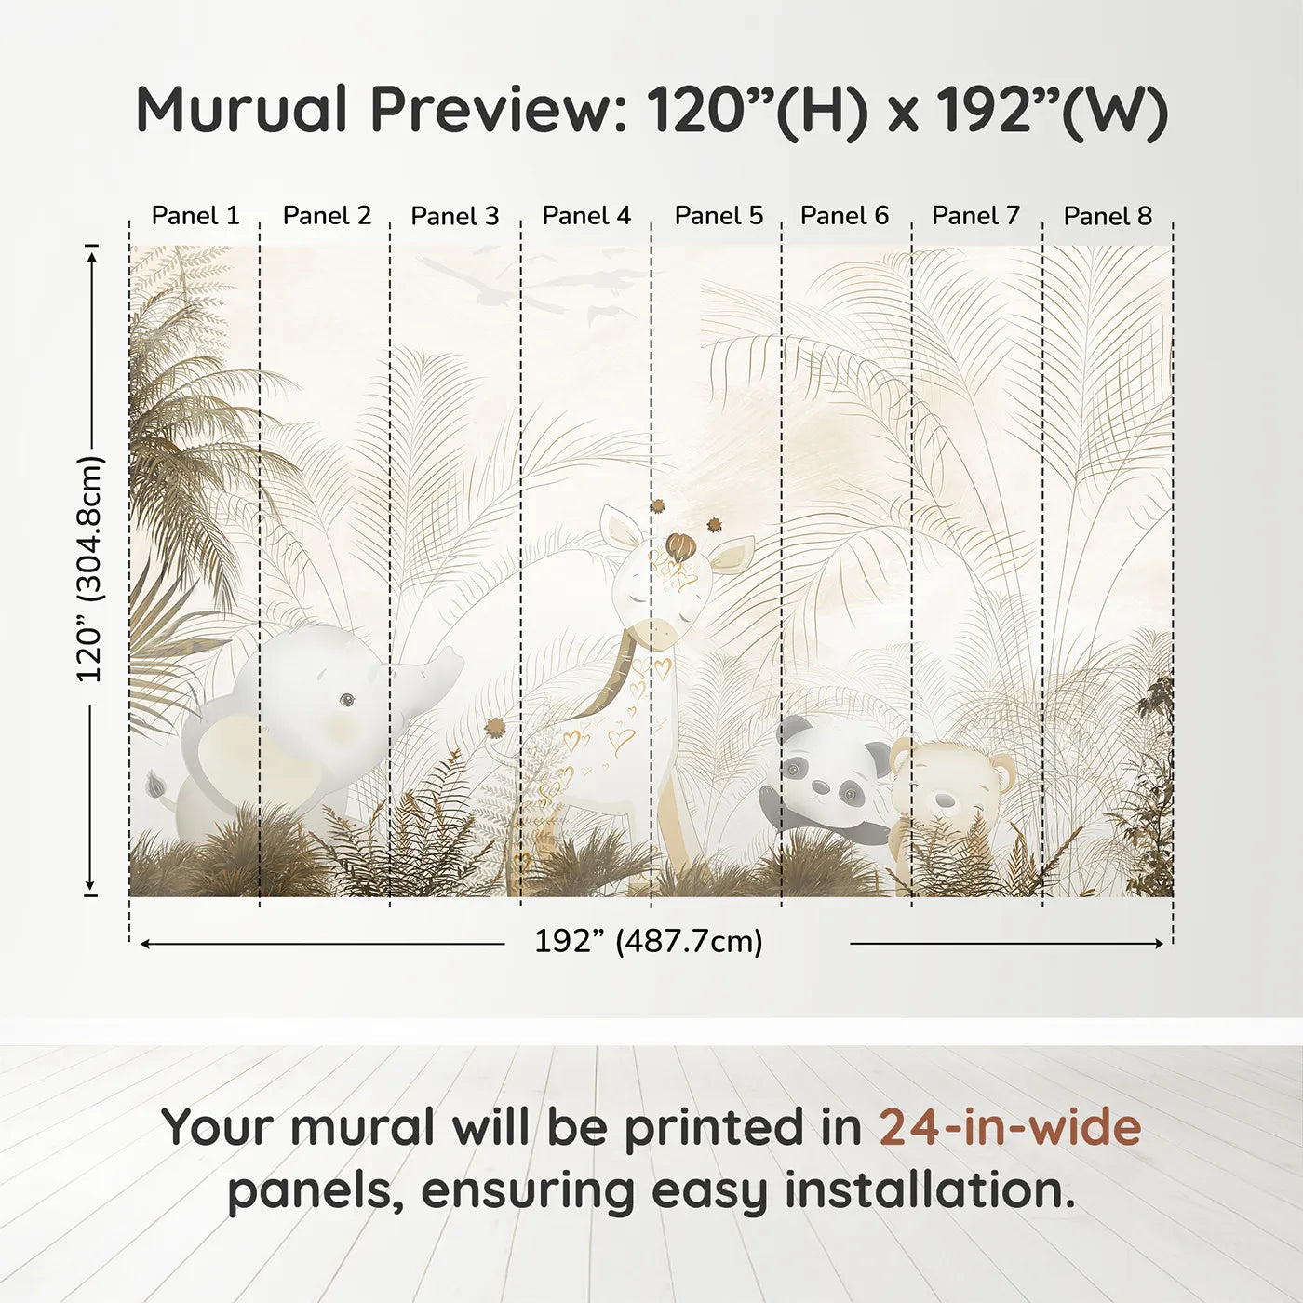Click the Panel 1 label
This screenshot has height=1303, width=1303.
coord(195,216)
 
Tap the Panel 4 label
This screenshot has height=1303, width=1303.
coord(586,216)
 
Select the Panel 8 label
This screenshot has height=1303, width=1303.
coord(1108,216)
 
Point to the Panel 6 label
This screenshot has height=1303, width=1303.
coord(844,216)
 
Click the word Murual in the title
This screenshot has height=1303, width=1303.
coord(242,110)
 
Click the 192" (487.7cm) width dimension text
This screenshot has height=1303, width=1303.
coord(648,941)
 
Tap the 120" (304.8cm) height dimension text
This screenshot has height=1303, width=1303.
coord(90,569)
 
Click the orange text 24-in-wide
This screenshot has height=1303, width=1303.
coord(1010,1127)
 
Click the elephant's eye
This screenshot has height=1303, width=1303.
coord(346,699)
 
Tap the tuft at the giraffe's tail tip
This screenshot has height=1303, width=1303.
coord(493,726)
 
